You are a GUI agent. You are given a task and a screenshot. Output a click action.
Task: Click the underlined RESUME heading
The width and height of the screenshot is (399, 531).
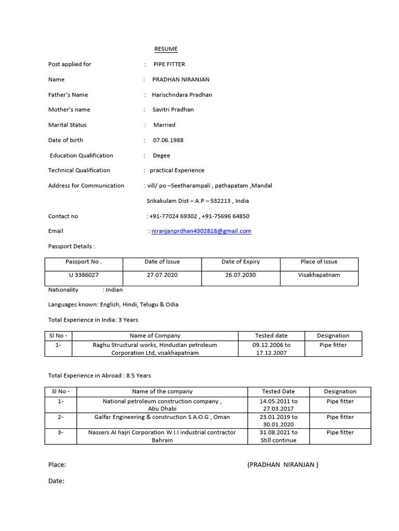[x=166, y=49]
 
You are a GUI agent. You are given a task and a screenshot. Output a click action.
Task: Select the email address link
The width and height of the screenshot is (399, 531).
[x=201, y=231]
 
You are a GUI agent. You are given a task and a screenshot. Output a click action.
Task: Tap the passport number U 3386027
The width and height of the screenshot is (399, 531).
[x=84, y=275]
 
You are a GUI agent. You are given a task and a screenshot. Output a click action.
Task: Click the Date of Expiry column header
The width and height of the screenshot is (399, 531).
[x=241, y=262]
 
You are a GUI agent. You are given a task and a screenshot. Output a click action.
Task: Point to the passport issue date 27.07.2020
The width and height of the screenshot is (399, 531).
[x=162, y=275]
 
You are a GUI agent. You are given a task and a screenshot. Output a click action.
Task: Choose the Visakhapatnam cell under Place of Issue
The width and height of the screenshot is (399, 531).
[x=319, y=275]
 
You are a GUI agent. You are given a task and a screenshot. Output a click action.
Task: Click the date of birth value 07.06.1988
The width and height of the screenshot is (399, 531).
[x=168, y=140]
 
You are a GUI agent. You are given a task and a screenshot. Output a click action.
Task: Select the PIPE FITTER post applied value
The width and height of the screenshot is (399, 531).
[x=169, y=64]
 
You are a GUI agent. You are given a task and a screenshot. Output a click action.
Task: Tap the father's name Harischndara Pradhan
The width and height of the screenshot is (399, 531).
[x=182, y=95]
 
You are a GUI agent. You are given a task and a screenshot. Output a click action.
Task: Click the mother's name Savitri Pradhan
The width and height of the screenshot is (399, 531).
[x=173, y=110]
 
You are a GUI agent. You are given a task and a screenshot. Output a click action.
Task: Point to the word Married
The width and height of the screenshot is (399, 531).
[x=164, y=125]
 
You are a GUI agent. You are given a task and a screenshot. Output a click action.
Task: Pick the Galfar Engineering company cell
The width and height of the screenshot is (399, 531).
[x=162, y=417]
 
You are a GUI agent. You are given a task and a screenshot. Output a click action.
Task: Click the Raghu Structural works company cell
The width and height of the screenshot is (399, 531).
[x=155, y=349]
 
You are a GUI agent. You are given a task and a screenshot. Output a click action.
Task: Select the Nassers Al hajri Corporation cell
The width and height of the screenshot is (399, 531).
[x=162, y=436]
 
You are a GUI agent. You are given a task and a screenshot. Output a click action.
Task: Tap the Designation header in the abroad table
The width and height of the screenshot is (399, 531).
[x=340, y=392]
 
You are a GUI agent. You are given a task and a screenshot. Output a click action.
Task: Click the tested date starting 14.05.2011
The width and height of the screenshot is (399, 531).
[x=278, y=405]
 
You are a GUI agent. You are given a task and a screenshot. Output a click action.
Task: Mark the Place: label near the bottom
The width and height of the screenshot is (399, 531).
[x=57, y=465]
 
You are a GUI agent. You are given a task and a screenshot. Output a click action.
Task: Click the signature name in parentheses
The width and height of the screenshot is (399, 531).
[x=283, y=465]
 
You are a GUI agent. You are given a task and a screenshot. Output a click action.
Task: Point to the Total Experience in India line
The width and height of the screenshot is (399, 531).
[x=93, y=320]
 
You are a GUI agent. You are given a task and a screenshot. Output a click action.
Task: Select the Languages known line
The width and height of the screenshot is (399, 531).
[x=113, y=305]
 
